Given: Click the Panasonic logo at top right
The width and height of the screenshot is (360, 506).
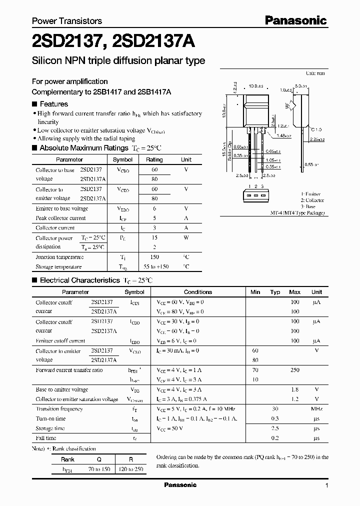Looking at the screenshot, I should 295,20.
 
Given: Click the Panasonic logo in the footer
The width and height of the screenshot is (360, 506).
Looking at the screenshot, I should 180,485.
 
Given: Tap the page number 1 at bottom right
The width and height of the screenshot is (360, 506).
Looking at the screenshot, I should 326,485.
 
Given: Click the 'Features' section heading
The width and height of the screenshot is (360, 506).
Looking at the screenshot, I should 53,104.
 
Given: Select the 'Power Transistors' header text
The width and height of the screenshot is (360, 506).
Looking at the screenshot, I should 67,21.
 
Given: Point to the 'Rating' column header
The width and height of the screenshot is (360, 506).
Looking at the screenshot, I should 154,159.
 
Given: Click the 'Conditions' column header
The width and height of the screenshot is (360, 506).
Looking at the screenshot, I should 198,292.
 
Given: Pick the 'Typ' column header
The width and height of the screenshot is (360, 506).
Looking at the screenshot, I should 275,292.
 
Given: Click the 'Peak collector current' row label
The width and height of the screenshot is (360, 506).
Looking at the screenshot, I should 60,218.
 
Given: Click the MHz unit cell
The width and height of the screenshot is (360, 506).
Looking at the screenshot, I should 316,408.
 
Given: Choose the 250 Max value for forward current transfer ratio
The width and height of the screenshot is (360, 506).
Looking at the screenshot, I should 295,370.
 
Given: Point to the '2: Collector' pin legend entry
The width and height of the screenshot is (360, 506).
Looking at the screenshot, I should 312,200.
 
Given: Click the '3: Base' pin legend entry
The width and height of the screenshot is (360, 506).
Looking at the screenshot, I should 308,206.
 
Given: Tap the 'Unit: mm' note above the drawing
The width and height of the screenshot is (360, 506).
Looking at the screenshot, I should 315,73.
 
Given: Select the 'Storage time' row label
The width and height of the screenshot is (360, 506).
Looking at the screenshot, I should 50,428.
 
